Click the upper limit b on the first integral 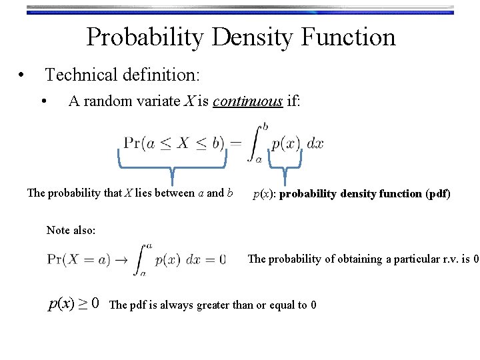[265, 125]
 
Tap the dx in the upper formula [316, 143]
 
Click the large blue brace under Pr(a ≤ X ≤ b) [172, 165]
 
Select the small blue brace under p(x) [285, 165]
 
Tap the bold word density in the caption [366, 194]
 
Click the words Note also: [71, 230]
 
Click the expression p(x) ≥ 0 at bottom [74, 304]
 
